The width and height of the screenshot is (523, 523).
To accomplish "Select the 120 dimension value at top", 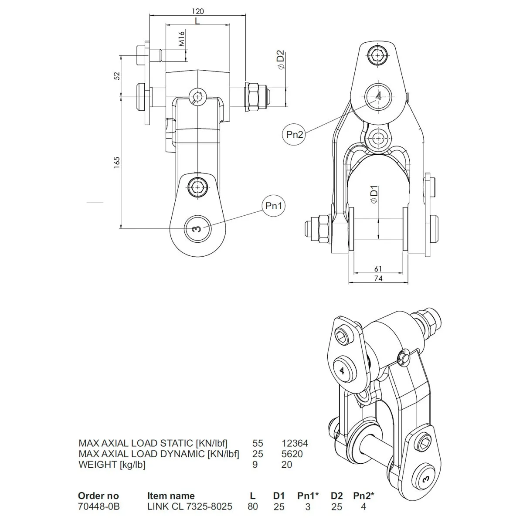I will (197, 11).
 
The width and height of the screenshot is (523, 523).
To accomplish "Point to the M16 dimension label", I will (182, 39).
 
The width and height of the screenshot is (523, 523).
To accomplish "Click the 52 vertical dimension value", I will (116, 75).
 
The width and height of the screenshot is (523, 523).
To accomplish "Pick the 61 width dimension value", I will (378, 269).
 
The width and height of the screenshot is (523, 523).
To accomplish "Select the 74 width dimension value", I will (378, 278).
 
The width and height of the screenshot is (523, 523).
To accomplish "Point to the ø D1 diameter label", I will (374, 194).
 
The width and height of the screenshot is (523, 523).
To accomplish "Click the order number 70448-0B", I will (98, 506).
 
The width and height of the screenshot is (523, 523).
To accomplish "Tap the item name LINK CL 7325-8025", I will (190, 506).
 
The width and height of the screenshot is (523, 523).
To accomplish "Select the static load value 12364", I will (295, 443).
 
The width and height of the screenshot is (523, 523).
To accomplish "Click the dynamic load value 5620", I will (292, 454).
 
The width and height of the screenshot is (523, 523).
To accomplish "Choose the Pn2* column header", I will (363, 496).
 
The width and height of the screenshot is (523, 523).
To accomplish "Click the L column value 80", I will (252, 506).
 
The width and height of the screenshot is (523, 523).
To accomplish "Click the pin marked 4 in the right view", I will (378, 96).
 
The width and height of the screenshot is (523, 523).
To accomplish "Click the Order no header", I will (98, 496).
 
